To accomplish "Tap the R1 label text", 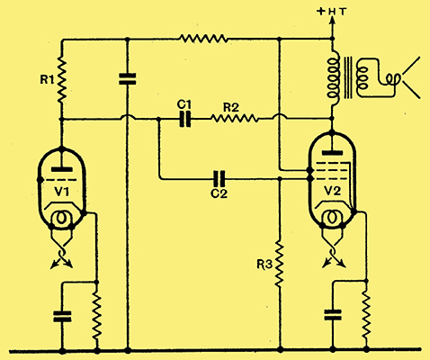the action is click(48, 80).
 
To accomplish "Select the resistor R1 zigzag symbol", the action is click(61, 79).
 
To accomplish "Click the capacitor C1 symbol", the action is click(185, 120).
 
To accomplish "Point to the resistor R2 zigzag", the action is click(234, 120).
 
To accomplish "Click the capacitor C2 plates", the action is click(219, 179).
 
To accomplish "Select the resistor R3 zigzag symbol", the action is click(280, 264).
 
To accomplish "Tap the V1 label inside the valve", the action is click(62, 192).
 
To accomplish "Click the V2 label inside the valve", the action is click(332, 191).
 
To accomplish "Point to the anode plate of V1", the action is click(62, 169).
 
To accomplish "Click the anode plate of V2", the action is click(332, 153).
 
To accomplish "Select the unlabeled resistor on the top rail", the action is click(203, 39).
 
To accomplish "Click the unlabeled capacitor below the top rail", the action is click(128, 78).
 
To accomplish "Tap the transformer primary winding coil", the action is click(333, 78).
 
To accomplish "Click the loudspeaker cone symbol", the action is click(411, 78).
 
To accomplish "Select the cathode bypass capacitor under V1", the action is click(62, 317).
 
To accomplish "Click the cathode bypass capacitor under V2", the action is click(333, 315).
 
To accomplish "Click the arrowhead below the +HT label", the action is click(332, 20).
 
